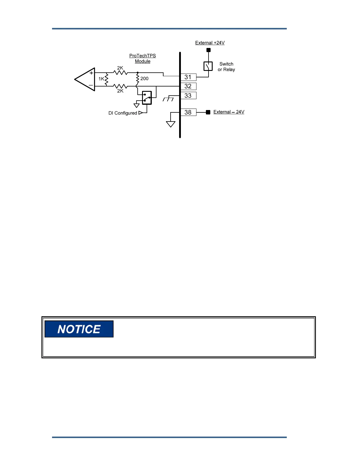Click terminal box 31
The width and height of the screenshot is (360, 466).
188,77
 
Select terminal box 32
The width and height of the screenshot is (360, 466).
188,86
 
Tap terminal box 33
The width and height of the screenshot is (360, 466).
188,96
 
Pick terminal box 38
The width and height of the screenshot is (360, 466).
188,112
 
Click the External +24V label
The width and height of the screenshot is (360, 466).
210,43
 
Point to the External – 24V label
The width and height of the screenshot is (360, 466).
229,112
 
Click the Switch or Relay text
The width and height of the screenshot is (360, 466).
226,67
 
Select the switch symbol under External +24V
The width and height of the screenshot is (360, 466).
208,66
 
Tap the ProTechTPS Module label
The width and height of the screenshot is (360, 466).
143,58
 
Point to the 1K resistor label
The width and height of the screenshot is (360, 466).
101,79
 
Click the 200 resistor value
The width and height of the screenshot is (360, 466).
144,79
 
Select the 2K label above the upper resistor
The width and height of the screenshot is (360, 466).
120,68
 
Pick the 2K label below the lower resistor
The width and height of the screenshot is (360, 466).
120,91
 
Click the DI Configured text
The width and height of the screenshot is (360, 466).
123,113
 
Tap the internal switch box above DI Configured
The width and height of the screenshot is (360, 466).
147,98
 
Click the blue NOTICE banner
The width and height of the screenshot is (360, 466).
79,329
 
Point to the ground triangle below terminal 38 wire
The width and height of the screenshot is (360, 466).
171,124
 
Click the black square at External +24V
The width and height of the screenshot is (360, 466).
209,50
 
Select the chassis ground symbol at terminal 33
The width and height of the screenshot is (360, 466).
168,99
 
